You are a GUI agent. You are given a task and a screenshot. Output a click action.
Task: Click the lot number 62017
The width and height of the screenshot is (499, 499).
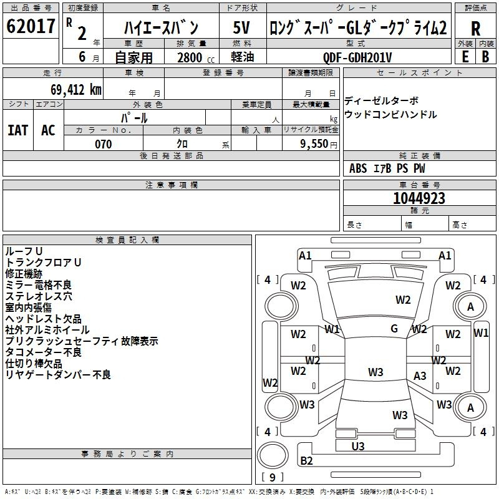(31, 26)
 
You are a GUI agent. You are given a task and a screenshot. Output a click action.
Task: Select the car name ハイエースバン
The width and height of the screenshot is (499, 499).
(161, 27)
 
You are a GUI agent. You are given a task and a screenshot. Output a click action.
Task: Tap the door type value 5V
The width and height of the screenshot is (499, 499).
(243, 27)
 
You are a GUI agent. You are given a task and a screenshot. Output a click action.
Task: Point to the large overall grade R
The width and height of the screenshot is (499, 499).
(475, 29)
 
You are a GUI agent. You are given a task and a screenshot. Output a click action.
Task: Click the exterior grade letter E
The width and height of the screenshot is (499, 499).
(465, 56)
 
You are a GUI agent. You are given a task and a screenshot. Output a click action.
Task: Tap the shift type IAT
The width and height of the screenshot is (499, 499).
(18, 130)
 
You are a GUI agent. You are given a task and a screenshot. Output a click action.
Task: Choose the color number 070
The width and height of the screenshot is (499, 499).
(103, 144)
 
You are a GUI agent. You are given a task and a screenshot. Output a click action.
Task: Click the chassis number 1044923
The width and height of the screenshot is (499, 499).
(419, 198)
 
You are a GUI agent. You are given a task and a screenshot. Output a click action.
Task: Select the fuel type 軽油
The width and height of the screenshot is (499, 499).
(242, 57)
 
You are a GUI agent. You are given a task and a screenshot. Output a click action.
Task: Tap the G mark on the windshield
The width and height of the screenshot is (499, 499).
(394, 329)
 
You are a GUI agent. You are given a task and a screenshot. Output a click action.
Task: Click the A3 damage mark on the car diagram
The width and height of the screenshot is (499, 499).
(420, 375)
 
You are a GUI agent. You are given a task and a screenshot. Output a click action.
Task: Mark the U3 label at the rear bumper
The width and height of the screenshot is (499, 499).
(358, 446)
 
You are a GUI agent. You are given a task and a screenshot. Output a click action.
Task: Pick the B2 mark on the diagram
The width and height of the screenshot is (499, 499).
(307, 461)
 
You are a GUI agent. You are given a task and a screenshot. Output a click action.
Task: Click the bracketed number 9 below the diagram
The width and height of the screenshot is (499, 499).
(272, 478)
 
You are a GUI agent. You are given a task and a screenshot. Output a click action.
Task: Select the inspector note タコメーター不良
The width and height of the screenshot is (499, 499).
(43, 352)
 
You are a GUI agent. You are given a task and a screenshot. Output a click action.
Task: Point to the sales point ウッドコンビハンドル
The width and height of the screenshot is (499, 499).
(390, 115)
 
